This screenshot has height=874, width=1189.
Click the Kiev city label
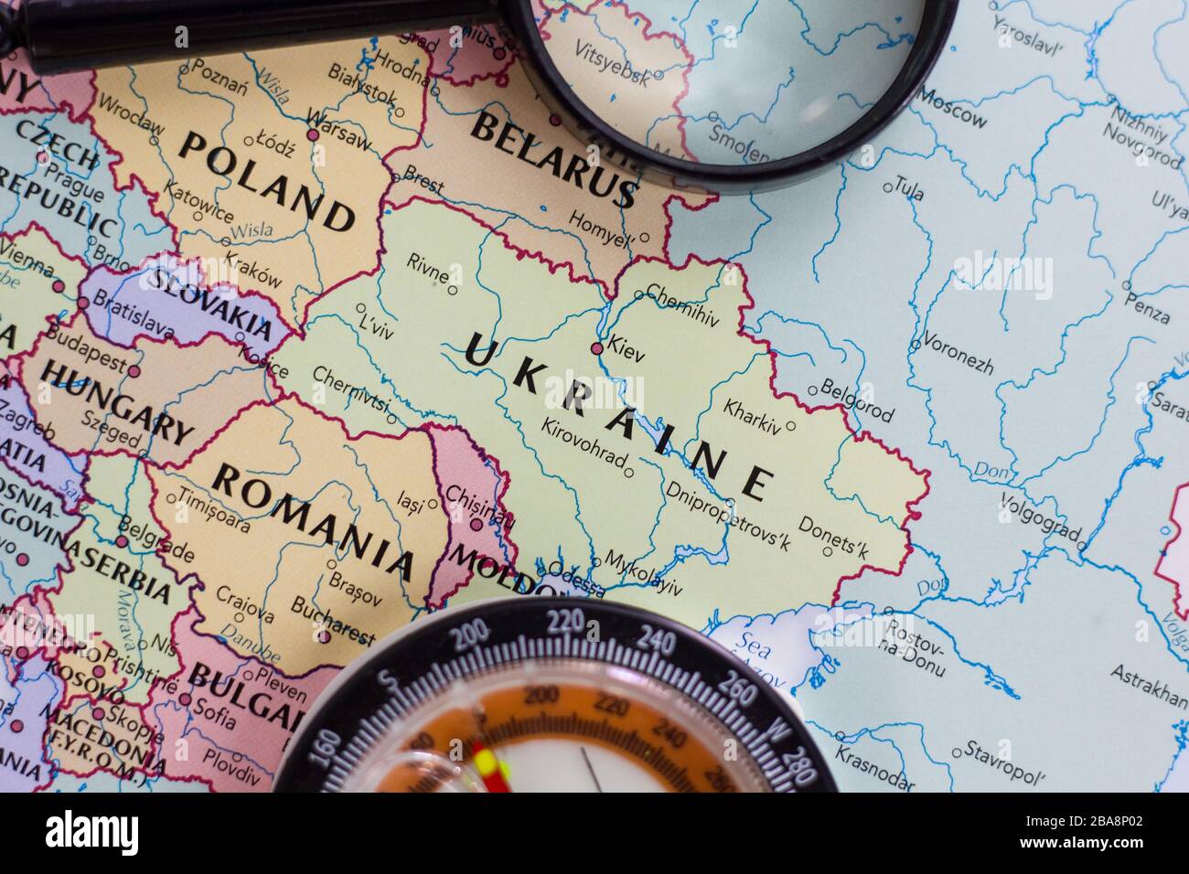626,352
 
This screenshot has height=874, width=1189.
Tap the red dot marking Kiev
597,348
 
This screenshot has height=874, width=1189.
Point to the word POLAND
266,180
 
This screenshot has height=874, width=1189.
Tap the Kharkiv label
753,416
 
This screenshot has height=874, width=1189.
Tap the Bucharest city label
332,620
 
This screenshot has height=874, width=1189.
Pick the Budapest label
86,348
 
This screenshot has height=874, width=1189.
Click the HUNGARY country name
118,401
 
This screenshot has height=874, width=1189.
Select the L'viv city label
376,325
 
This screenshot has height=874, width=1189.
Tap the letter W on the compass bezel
776,730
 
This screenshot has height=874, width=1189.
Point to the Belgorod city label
856,400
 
